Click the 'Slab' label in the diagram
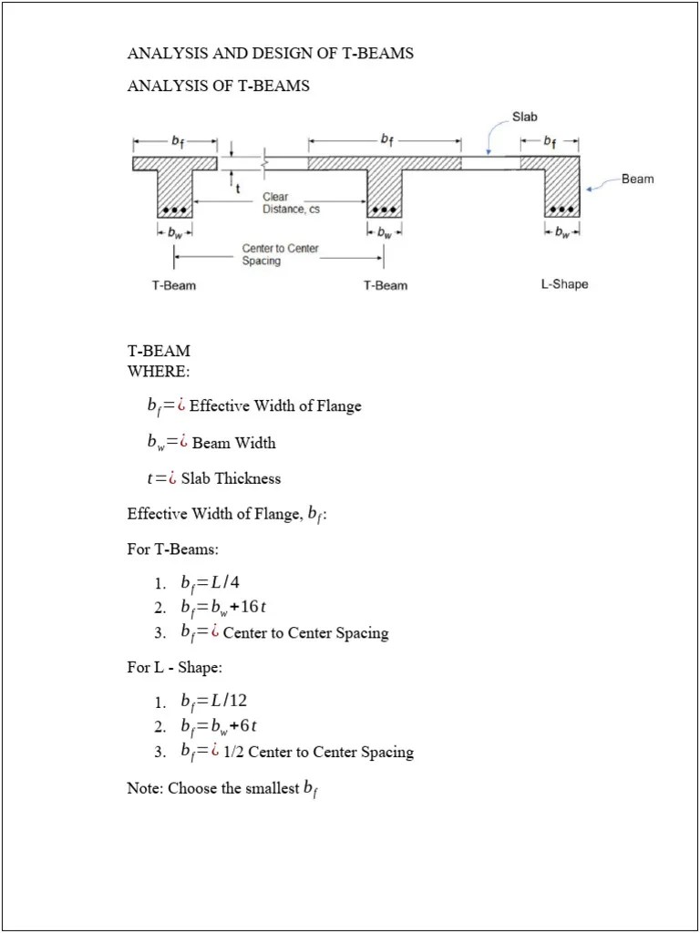pos(525,117)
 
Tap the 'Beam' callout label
pos(637,179)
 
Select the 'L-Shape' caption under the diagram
pos(564,284)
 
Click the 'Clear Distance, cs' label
pos(290,203)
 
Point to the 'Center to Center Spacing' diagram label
pos(280,254)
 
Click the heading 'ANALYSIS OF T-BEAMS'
pos(218,86)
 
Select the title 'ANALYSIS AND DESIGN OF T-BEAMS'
pos(270,53)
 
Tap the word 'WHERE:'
pos(159,371)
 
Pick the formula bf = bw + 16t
pos(223,608)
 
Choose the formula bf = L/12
pos(213,701)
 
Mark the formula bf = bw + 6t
pos(219,726)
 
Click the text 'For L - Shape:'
pos(174,667)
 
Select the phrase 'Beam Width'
pos(233,443)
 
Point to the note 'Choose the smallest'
pos(234,788)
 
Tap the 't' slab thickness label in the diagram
pos(239,189)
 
